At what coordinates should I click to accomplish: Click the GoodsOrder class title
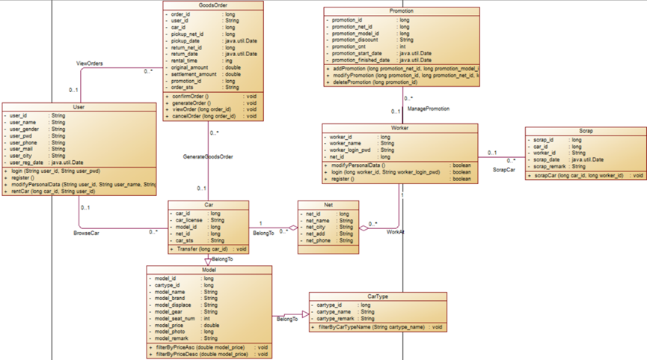pos(213,5)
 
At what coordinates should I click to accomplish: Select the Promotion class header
pos(402,11)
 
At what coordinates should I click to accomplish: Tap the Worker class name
pos(400,128)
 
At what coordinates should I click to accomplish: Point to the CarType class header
pos(378,296)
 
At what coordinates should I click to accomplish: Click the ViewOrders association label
pos(90,64)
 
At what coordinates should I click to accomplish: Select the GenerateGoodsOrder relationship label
pos(208,156)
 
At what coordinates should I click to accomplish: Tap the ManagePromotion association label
pos(429,109)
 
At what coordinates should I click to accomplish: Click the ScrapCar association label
pos(503,169)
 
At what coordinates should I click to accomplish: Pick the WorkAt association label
pos(395,232)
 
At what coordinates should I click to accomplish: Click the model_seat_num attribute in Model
pos(175,318)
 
